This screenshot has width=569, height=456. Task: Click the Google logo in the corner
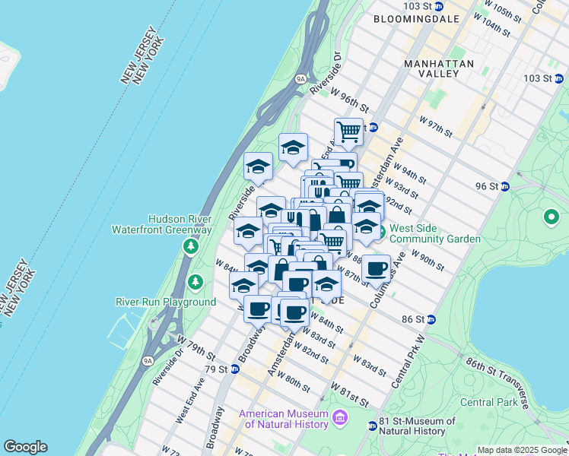pyautogui.click(x=25, y=447)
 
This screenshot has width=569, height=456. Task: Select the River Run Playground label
pyautogui.click(x=166, y=302)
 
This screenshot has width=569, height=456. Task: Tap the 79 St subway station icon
pyautogui.click(x=236, y=369)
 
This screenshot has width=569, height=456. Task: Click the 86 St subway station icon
pyautogui.click(x=431, y=319)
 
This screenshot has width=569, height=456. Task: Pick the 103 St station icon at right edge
pyautogui.click(x=559, y=78)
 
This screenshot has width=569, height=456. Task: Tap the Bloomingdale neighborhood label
pyautogui.click(x=416, y=16)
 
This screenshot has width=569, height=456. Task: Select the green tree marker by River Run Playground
pyautogui.click(x=196, y=283)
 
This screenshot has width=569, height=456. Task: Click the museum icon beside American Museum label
pyautogui.click(x=339, y=416)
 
